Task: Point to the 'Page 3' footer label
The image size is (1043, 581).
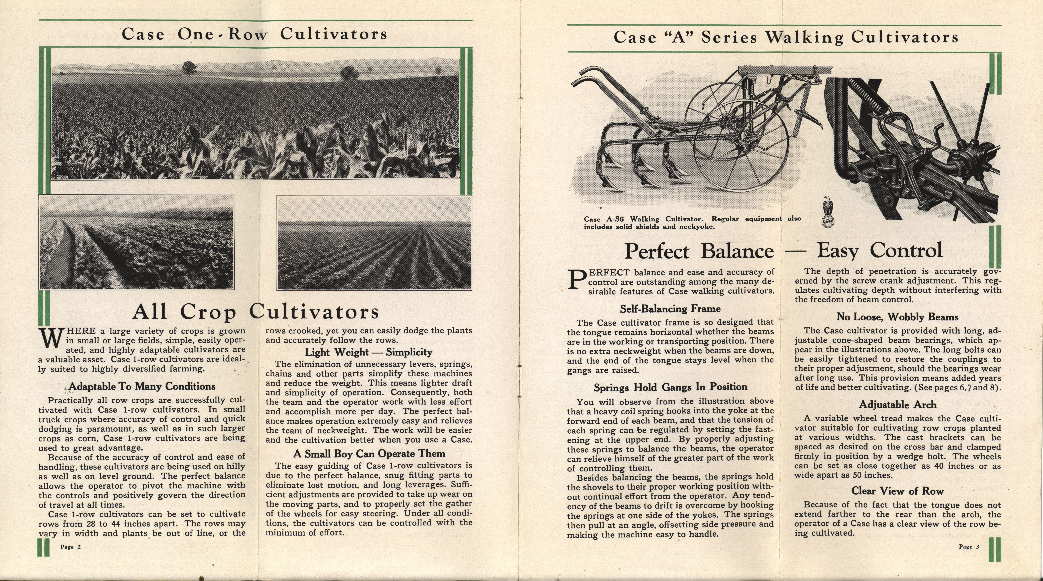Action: (x=969, y=547)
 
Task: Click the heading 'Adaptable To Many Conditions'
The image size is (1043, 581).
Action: (x=142, y=386)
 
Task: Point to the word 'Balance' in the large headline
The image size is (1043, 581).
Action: (x=737, y=251)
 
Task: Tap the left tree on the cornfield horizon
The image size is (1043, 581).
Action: (x=189, y=68)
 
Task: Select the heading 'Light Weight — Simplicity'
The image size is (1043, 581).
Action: (x=368, y=352)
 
